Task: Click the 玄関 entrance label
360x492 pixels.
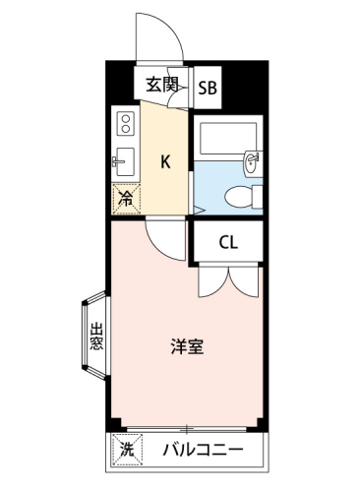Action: (x=161, y=85)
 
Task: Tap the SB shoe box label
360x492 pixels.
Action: (x=208, y=88)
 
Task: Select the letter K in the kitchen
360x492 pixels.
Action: (x=165, y=161)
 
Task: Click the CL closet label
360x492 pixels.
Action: (x=228, y=243)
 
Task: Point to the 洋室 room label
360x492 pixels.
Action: (x=188, y=346)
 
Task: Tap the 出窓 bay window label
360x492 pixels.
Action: (x=96, y=337)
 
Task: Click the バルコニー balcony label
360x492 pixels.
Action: (x=204, y=450)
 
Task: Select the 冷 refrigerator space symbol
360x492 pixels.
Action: (x=126, y=199)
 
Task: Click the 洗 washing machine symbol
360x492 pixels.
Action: (x=128, y=449)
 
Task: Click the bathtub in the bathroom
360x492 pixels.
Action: (x=228, y=138)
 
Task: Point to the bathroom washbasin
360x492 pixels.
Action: (x=252, y=163)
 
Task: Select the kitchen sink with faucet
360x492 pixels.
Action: (x=123, y=161)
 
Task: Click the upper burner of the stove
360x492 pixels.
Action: (x=126, y=119)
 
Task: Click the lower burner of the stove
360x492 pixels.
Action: (x=126, y=129)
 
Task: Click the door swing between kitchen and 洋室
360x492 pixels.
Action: (x=158, y=249)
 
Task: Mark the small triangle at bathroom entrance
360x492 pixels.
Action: (x=198, y=210)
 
